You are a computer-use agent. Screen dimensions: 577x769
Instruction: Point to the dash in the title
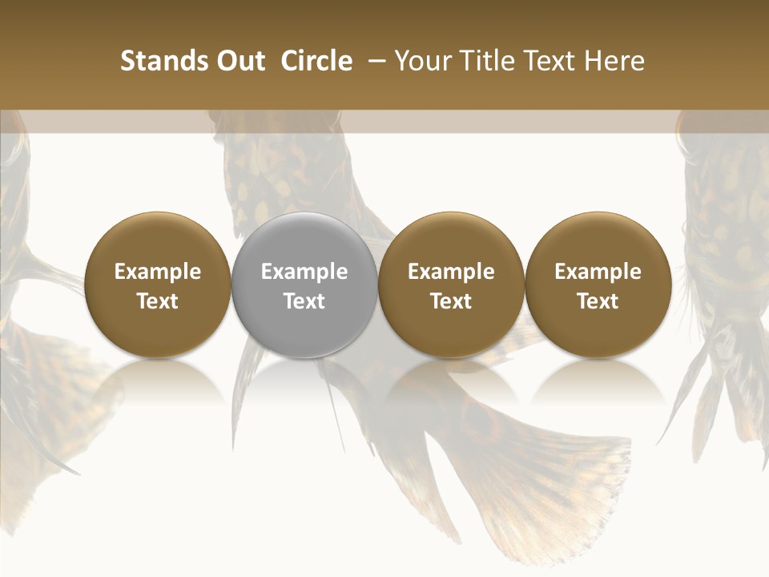pos(373,61)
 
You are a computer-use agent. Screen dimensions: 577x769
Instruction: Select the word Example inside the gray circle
pos(304,272)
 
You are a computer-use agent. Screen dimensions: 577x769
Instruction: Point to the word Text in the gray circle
pos(304,301)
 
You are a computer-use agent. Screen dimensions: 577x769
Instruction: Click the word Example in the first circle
pos(158,272)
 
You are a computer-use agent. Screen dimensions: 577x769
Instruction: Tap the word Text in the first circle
pos(158,301)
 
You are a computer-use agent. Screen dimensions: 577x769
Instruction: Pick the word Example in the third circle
pos(451,272)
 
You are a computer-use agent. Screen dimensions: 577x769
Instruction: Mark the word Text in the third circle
pos(451,301)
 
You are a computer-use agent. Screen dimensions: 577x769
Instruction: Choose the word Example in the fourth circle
pos(598,272)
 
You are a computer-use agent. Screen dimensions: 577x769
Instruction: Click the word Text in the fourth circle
pos(598,301)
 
